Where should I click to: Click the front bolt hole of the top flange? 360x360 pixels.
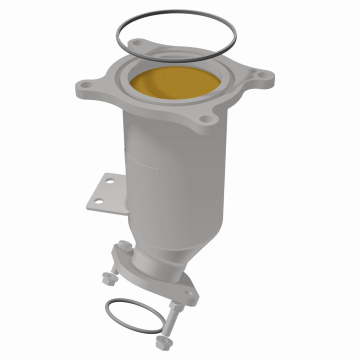coord(204,119)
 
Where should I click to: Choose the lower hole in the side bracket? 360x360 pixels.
coord(98,201)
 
